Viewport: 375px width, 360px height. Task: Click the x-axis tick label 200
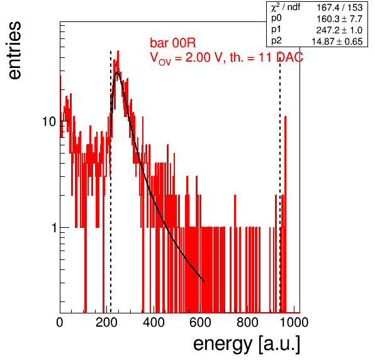tap(106, 322)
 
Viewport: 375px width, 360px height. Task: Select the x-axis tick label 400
tap(154, 322)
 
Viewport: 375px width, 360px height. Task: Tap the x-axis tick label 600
tap(200, 322)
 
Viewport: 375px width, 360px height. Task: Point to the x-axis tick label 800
tap(247, 322)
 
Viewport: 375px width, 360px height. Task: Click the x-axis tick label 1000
tap(294, 322)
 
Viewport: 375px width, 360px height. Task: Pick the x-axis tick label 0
tap(60, 322)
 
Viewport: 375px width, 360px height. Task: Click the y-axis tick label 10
tap(49, 121)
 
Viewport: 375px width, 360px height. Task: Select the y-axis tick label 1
tap(54, 228)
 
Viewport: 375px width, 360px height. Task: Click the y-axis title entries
tap(15, 50)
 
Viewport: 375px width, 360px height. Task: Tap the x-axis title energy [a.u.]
tap(247, 344)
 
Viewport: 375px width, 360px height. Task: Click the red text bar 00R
tap(172, 43)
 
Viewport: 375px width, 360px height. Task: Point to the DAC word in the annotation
tap(289, 57)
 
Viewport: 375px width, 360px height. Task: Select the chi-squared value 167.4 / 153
tap(340, 8)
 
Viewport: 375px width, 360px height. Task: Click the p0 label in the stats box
tap(276, 18)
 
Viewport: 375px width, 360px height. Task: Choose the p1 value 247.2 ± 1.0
tap(339, 30)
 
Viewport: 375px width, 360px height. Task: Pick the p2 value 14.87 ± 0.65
tap(337, 42)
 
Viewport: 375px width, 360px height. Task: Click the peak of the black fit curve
tap(117, 72)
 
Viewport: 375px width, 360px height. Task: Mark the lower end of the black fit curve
tap(204, 281)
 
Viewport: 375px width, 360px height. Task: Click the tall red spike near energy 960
tap(285, 214)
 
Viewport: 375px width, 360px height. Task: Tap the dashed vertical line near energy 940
tap(280, 182)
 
